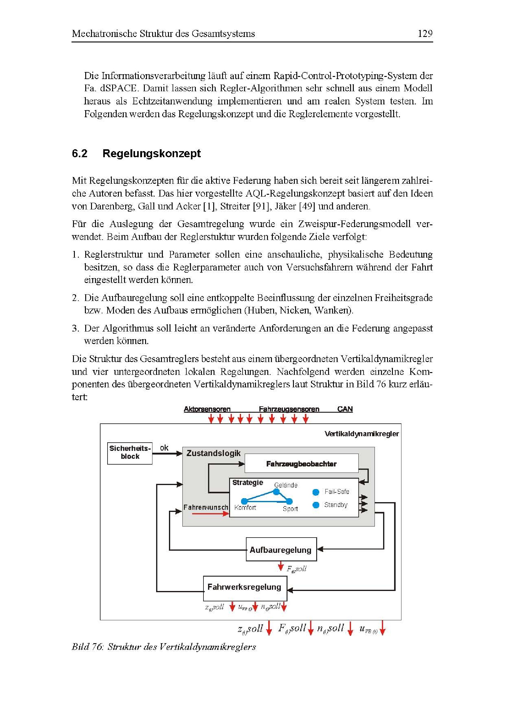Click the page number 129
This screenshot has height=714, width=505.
(x=425, y=33)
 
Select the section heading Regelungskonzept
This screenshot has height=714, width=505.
(x=152, y=153)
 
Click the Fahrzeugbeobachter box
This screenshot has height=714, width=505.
(x=301, y=464)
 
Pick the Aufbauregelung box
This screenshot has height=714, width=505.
(x=281, y=550)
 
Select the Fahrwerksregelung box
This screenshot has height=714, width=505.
(x=245, y=587)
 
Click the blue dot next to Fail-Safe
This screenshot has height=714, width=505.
(x=316, y=492)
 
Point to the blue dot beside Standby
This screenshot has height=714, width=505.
(x=316, y=505)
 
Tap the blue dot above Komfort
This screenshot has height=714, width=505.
(x=245, y=501)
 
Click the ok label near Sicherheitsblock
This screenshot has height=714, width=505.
(x=164, y=448)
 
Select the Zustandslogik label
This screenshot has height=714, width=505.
(x=214, y=453)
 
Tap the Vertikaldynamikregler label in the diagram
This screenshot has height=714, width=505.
(x=361, y=434)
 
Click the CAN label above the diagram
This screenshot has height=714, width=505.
(x=345, y=409)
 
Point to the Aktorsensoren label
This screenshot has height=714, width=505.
(x=207, y=409)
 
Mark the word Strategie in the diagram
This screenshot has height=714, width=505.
(x=248, y=482)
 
